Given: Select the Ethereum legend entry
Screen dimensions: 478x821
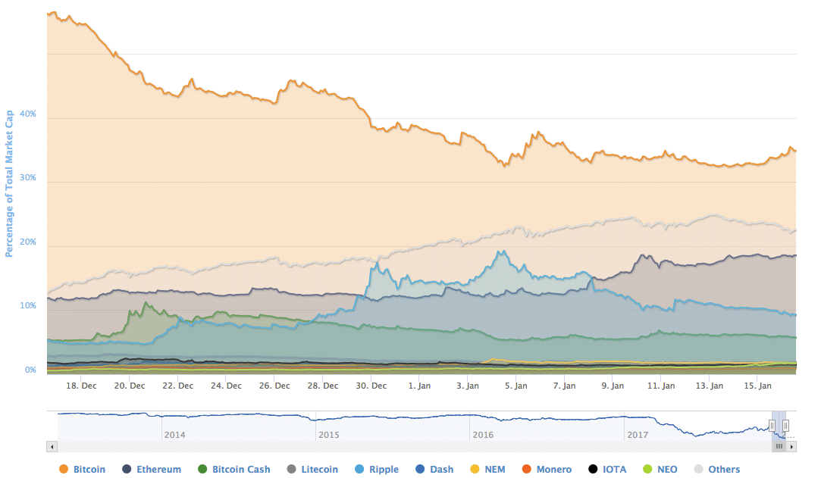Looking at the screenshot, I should pyautogui.click(x=151, y=469).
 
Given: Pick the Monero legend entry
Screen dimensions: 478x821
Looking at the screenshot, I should pyautogui.click(x=547, y=469).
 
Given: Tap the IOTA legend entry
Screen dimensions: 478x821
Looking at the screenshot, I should pyautogui.click(x=607, y=469).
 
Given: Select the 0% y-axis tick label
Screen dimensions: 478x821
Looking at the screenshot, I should pyautogui.click(x=30, y=370).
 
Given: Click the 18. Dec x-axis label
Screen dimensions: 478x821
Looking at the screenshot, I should pyautogui.click(x=82, y=385).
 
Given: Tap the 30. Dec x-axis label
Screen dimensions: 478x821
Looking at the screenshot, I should pyautogui.click(x=371, y=385).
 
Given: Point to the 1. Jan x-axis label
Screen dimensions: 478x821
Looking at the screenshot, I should pyautogui.click(x=420, y=385).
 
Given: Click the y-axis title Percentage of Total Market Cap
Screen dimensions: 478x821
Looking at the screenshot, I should pyautogui.click(x=10, y=183).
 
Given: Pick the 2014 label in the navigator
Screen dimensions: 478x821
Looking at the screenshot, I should pyautogui.click(x=174, y=435).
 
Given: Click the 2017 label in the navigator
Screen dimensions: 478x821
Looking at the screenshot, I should pyautogui.click(x=638, y=435).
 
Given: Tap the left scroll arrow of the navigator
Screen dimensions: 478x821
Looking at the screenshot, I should pyautogui.click(x=52, y=447).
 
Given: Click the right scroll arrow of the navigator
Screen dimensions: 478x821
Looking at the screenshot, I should pyautogui.click(x=792, y=447).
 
